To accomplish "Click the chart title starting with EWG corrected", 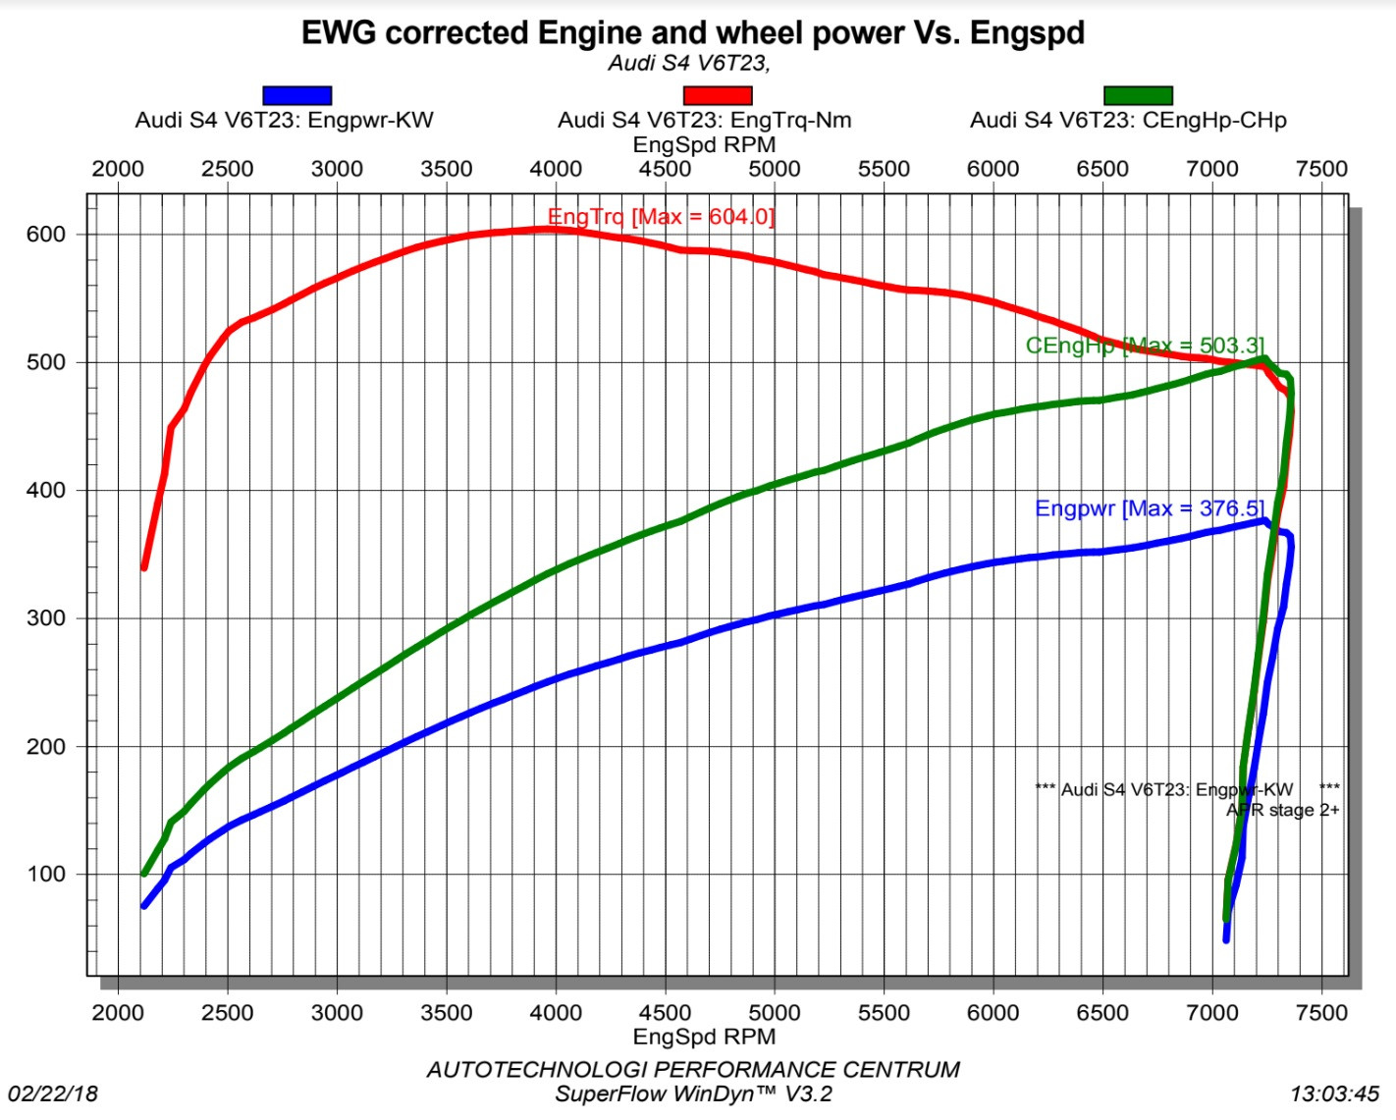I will (692, 32).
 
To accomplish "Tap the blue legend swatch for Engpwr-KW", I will (296, 95).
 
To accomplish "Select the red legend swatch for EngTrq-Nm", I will (717, 95).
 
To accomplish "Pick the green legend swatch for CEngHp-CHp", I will (1138, 95).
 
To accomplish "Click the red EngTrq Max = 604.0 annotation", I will (661, 216).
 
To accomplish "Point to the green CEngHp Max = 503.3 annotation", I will (1145, 346).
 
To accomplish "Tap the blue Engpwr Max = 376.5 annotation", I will (1150, 508).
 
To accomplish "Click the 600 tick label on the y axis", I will (46, 235).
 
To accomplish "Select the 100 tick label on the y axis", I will (46, 875).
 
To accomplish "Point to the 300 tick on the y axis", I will (46, 618).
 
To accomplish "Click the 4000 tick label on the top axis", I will (556, 169).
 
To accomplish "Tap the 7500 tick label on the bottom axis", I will (1321, 1013).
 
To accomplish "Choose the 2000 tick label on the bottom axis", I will (118, 1013).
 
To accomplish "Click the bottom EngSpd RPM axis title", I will (704, 1037).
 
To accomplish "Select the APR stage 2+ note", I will (1282, 810).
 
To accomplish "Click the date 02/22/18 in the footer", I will (53, 1093).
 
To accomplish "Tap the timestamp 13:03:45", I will (1334, 1093).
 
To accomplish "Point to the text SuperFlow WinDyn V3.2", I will (693, 1093).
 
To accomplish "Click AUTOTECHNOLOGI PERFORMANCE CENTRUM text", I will (693, 1069).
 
